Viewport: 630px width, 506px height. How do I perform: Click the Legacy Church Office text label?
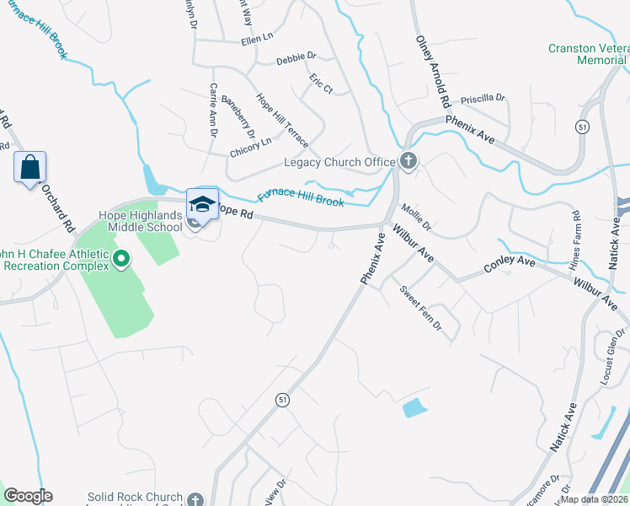coord(339,162)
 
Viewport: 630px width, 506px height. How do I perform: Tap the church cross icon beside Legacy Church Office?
coord(408,161)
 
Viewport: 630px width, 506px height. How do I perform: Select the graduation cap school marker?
coord(202,205)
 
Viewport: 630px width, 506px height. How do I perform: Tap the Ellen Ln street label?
coord(257,39)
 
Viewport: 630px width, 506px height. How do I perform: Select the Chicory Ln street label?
coord(250,148)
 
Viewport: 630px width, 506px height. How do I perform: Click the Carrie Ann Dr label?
coord(214,109)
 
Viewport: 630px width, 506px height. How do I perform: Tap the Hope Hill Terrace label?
coord(282,120)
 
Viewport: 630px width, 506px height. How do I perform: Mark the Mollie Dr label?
coord(416,217)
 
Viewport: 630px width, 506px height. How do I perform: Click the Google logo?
coord(27,496)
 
